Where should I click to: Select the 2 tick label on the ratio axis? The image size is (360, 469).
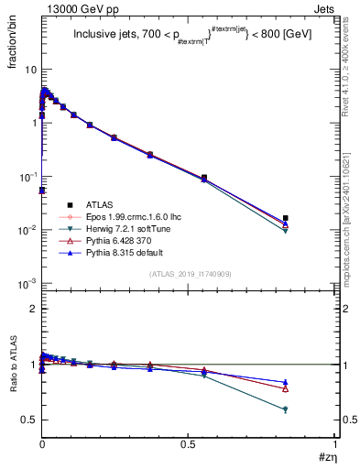click(34, 309)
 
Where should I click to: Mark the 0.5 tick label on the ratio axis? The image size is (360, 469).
click(30, 420)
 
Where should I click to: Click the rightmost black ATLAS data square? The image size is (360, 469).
click(286, 218)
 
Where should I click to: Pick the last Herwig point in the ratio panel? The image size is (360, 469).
click(286, 409)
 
